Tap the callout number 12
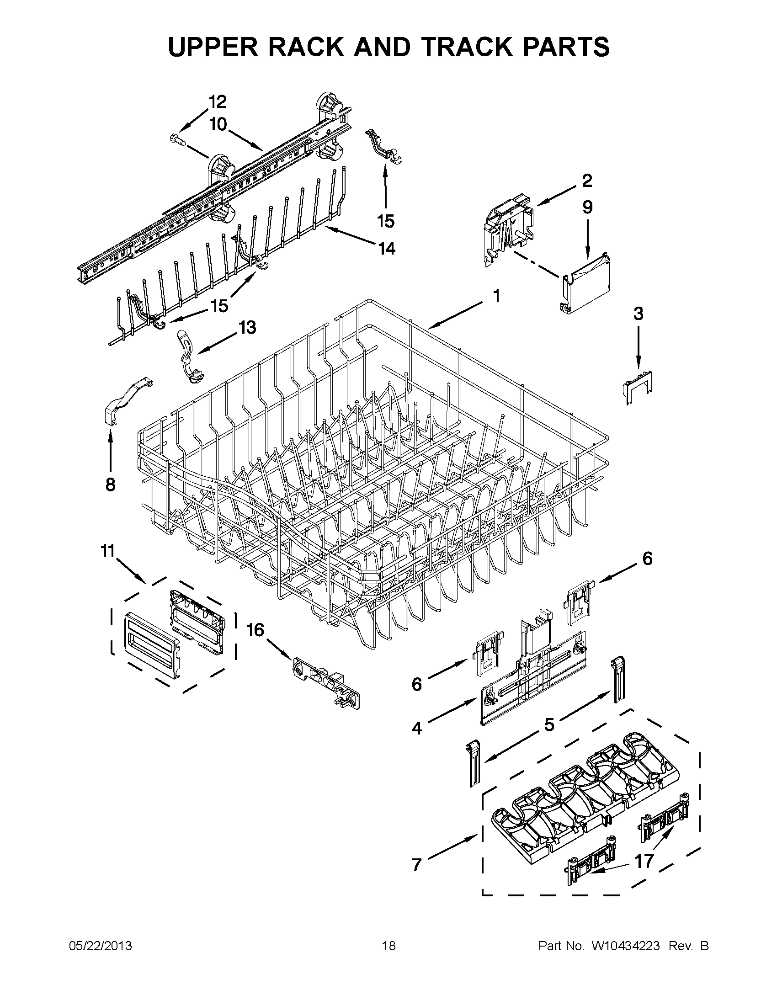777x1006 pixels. click(218, 101)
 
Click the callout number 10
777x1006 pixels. click(218, 124)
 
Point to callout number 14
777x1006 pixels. click(386, 249)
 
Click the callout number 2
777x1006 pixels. click(586, 181)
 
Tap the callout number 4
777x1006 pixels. click(417, 728)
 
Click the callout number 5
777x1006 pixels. click(549, 724)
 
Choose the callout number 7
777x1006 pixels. click(417, 865)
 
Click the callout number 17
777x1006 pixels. click(644, 861)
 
